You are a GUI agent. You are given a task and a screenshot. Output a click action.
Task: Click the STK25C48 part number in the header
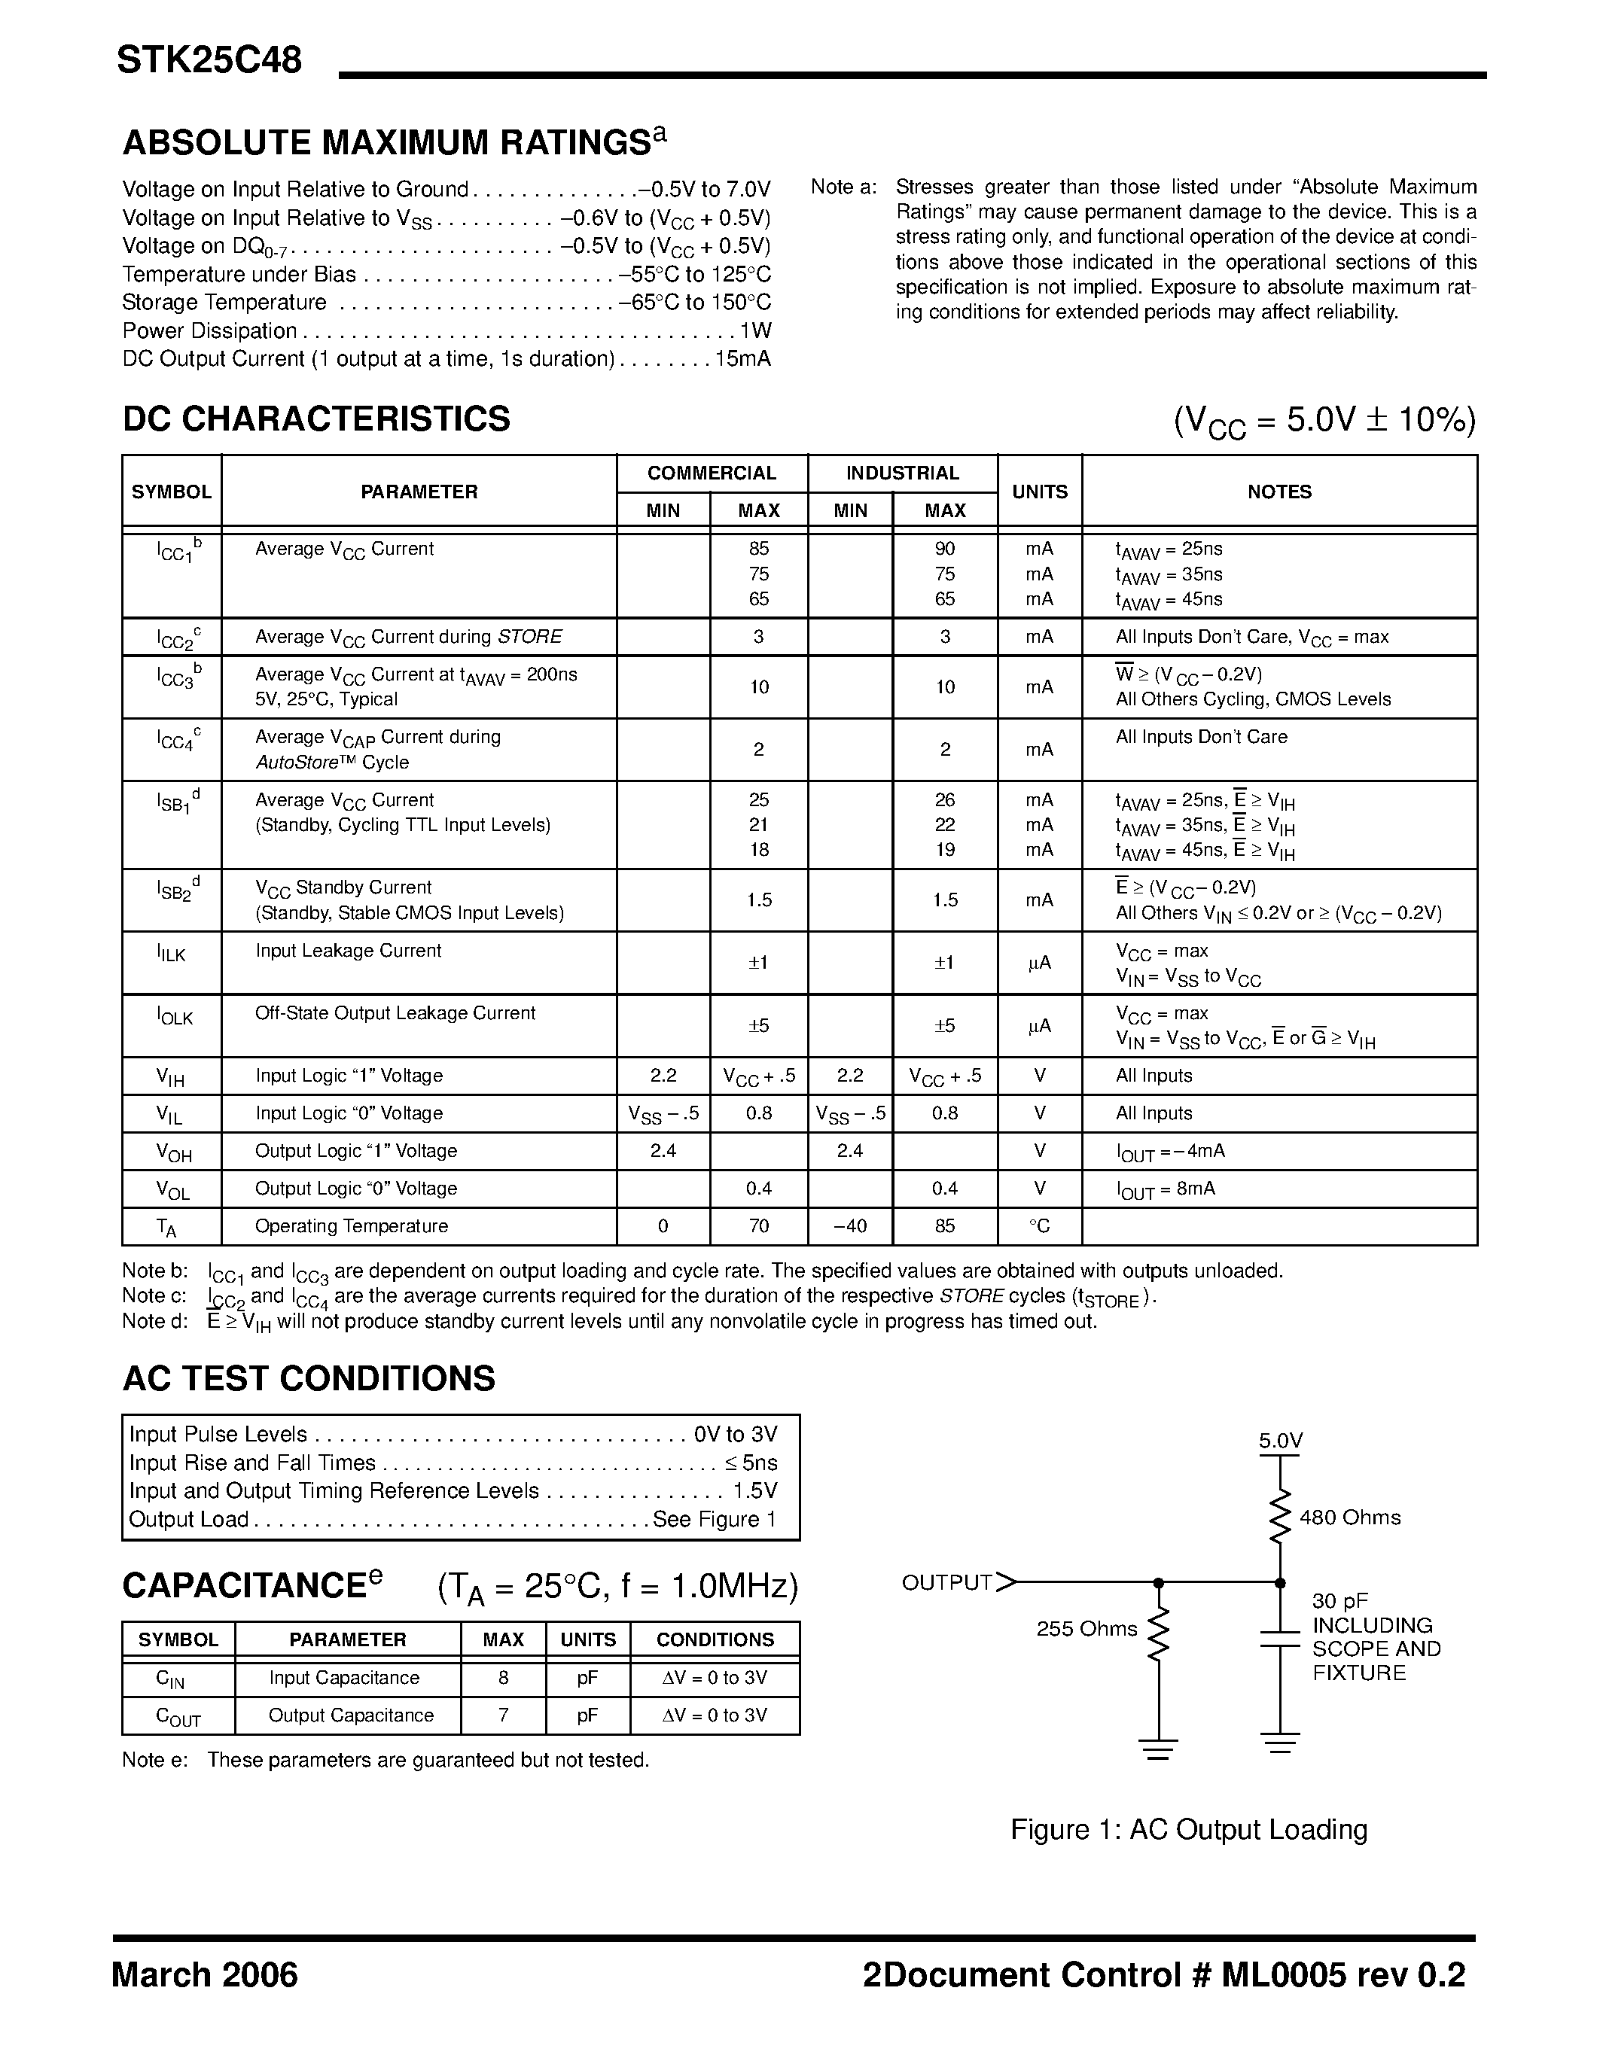tap(209, 61)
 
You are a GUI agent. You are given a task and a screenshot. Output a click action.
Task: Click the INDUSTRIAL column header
tap(901, 473)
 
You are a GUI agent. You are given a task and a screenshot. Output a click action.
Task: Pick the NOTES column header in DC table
tap(1278, 492)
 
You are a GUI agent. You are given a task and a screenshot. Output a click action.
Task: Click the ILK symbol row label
tap(172, 954)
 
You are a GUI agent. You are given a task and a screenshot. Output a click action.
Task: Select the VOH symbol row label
tap(173, 1152)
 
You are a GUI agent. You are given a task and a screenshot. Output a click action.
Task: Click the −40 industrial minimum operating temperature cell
tap(849, 1226)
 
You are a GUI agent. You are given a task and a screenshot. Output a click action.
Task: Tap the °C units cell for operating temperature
tap(1039, 1226)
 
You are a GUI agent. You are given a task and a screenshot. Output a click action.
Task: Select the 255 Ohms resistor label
tap(1086, 1628)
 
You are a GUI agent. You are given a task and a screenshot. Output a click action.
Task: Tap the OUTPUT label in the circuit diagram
tap(946, 1582)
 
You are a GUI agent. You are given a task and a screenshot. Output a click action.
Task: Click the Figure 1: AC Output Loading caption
tap(1189, 1829)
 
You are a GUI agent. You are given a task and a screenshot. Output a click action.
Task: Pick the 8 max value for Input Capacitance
tap(502, 1678)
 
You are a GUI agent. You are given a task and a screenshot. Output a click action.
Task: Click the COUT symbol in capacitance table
tap(178, 1716)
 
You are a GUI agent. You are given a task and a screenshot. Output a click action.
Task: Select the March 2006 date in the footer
tap(205, 1975)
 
